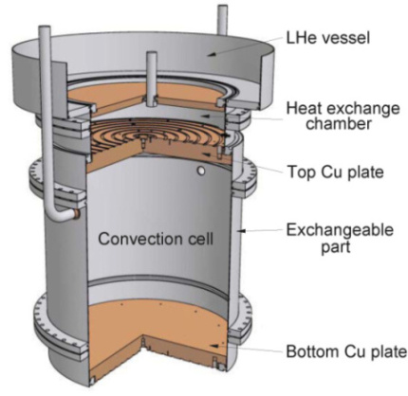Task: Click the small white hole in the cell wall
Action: (200, 171)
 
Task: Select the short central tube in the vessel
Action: (149, 71)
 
